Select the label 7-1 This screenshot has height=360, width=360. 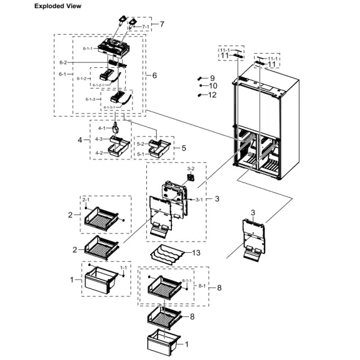145,27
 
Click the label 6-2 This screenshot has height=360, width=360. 63,63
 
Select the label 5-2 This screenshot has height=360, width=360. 140,143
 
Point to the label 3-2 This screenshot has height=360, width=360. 191,169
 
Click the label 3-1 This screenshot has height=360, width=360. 199,199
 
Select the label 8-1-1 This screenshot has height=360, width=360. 186,281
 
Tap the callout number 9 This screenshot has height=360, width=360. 212,78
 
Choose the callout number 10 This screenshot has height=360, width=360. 212,86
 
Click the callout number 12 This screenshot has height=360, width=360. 212,95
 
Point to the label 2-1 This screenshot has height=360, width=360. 86,200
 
